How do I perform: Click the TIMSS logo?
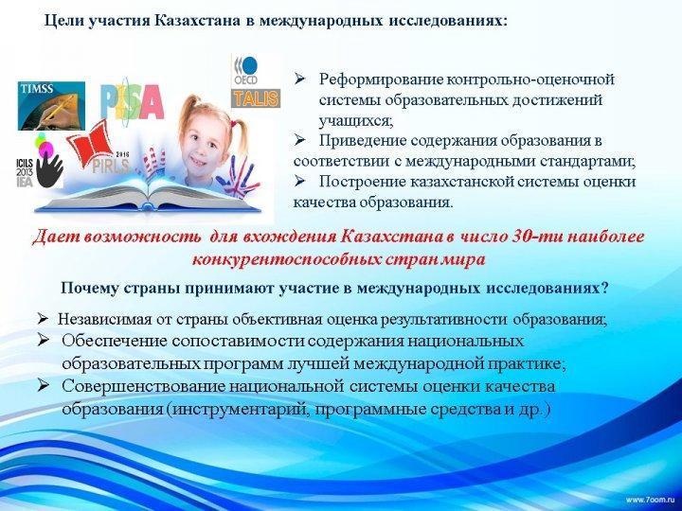[x=51, y=106]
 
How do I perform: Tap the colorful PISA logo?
[x=133, y=102]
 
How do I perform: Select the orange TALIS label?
[x=256, y=98]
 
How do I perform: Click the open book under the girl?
[x=148, y=196]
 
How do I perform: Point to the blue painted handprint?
[x=241, y=177]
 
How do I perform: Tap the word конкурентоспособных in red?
[x=286, y=260]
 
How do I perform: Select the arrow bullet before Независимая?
[x=43, y=320]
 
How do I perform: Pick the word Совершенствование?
[x=144, y=386]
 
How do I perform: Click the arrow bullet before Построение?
[x=299, y=181]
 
